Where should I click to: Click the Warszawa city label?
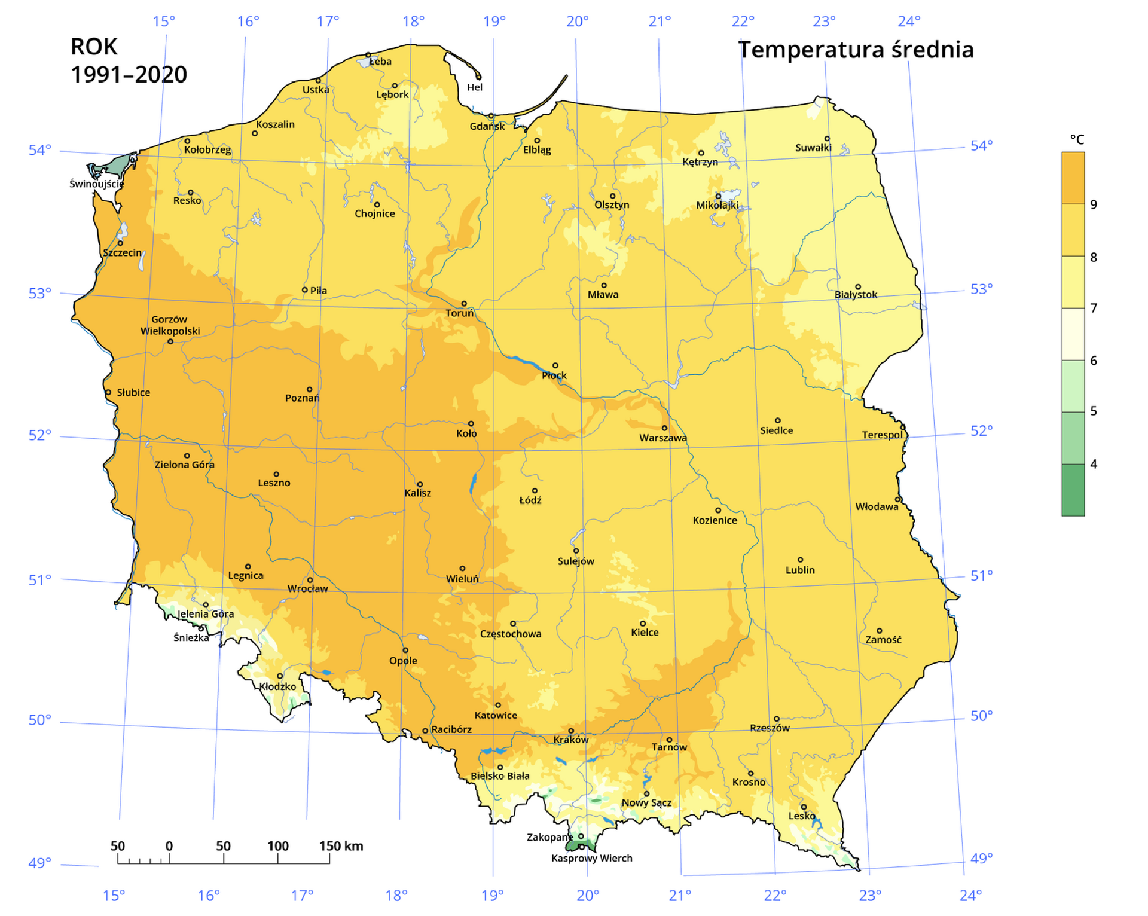tap(662, 438)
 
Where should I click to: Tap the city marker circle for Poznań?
tap(309, 390)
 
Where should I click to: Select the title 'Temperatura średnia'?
tap(856, 50)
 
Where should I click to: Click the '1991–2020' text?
tap(129, 75)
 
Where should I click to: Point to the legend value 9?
tap(1094, 204)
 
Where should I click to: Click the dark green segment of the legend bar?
tap(1073, 490)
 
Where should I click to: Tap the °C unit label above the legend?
tap(1077, 139)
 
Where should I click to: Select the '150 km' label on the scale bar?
tap(341, 846)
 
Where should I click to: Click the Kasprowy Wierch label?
tap(591, 859)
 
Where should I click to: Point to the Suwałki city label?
tap(813, 148)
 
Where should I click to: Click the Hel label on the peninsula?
tap(475, 87)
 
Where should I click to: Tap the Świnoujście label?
tap(96, 184)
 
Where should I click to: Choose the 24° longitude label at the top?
tap(908, 22)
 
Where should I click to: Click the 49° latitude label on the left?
tap(39, 863)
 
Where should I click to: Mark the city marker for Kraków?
tap(571, 731)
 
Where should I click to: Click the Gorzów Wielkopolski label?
tap(170, 325)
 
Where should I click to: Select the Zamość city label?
tap(883, 640)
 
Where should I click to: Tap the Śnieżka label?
tap(191, 638)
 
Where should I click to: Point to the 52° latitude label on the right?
tap(981, 430)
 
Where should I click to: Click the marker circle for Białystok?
tap(857, 287)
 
